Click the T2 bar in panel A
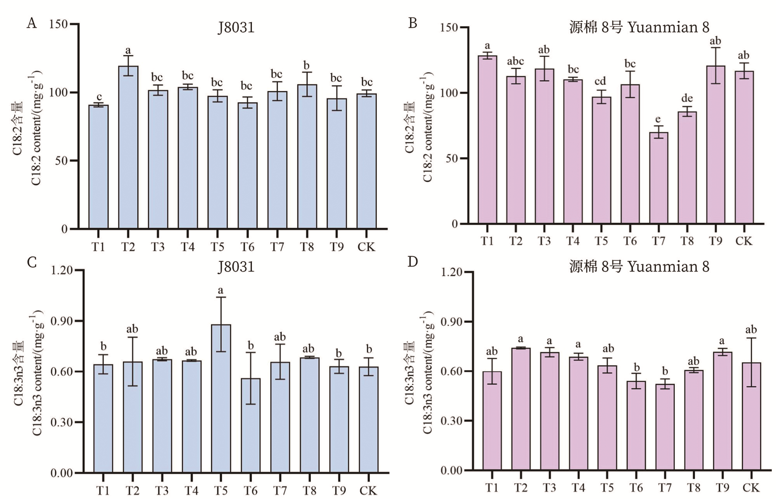128,147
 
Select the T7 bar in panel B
659,178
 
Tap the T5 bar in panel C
221,399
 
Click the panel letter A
32,24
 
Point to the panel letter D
413,262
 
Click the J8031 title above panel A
236,28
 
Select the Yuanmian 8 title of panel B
639,28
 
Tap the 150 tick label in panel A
59,24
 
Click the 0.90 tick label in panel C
62,321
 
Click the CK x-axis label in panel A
366,247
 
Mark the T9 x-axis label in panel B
716,241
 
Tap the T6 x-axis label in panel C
250,490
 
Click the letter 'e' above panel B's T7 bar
658,119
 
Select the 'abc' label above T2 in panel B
516,61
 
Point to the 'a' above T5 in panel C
221,290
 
